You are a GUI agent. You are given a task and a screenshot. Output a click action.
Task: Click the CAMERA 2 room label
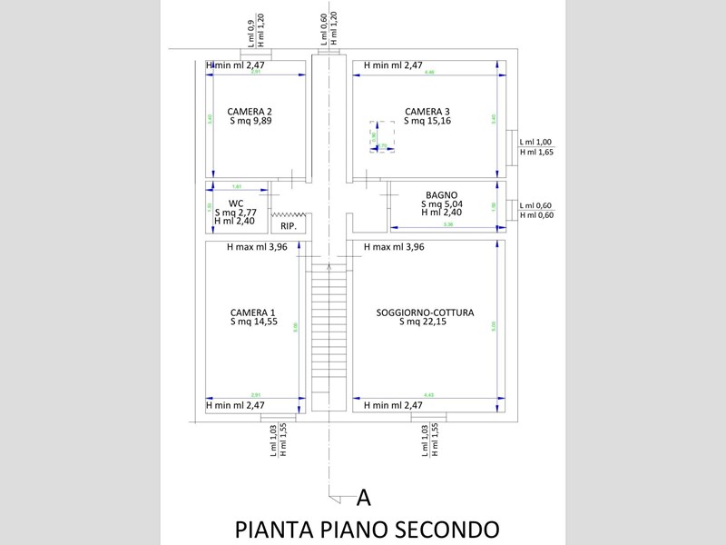tap(250, 112)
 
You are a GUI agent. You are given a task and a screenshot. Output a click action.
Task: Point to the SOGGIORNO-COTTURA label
tap(425, 312)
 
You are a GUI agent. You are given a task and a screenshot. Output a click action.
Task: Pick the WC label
tap(235, 203)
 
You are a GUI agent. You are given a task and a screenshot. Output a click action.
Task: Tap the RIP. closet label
tap(289, 225)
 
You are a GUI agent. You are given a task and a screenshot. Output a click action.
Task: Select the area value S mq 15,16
tap(427, 121)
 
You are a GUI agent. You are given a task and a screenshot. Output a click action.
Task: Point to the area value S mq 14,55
tap(253, 321)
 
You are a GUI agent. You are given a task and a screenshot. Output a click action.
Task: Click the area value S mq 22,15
tap(425, 322)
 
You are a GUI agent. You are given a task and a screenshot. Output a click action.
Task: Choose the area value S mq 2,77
tap(235, 212)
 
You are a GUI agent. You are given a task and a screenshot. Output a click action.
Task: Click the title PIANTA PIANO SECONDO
tap(367, 529)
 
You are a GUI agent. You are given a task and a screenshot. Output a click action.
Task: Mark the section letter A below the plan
tap(363, 497)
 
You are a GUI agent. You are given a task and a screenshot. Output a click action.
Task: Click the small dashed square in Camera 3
tap(380, 136)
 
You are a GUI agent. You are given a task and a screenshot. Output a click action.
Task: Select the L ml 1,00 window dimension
tap(535, 143)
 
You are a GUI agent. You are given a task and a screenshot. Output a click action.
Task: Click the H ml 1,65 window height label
tap(535, 153)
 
